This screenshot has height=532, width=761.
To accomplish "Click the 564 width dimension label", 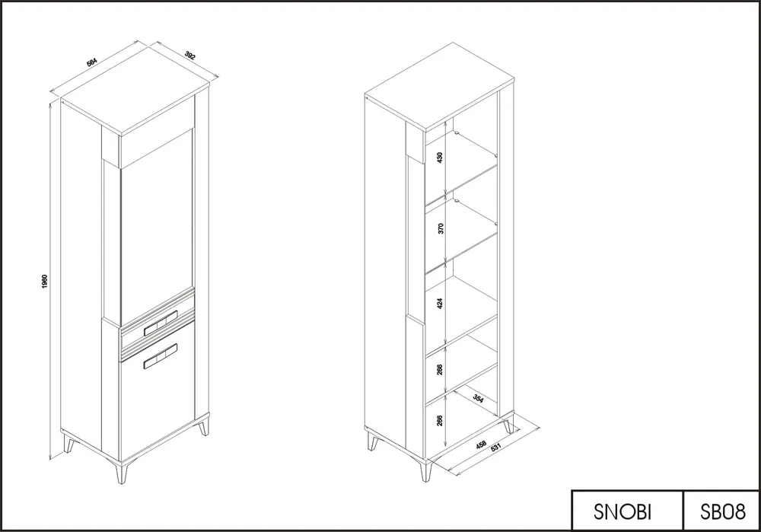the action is tap(92, 62).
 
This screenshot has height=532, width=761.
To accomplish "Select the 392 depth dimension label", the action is tap(190, 56).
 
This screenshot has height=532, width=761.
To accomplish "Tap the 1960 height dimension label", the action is tap(45, 282).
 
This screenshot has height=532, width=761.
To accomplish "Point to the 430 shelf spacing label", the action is tap(440, 157).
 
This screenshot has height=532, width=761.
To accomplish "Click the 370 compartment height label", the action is tap(441, 228).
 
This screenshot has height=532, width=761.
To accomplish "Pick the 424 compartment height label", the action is tap(440, 304).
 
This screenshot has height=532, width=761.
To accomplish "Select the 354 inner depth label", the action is tap(478, 399).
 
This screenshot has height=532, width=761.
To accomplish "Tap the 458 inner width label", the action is tap(481, 444).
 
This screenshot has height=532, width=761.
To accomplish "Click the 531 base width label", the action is tap(495, 447).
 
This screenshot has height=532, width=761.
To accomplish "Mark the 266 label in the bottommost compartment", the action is tap(440, 420).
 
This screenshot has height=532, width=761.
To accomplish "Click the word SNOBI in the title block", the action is tap(622, 511).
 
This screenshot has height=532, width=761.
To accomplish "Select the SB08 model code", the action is tap(723, 511).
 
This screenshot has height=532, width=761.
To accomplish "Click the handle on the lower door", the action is tap(160, 356).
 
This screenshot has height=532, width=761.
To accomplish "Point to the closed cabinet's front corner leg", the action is tap(121, 472).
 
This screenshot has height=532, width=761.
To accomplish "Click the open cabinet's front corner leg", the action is tap(426, 470).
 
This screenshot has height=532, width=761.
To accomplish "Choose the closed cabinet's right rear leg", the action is tap(204, 425).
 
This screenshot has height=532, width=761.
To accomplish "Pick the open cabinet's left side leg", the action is tap(373, 441).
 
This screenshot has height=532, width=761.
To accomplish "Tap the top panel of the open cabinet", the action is tap(439, 88).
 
